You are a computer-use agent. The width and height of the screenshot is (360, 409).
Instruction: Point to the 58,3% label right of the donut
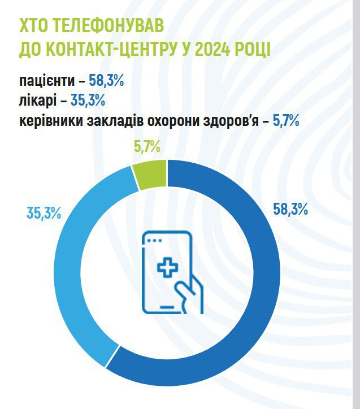coord(290,210)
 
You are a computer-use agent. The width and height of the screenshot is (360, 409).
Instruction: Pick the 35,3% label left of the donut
coord(44,213)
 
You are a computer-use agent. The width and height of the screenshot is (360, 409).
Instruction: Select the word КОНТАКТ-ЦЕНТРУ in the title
coord(111,50)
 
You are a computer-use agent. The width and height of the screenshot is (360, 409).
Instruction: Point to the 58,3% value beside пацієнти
coord(106,81)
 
